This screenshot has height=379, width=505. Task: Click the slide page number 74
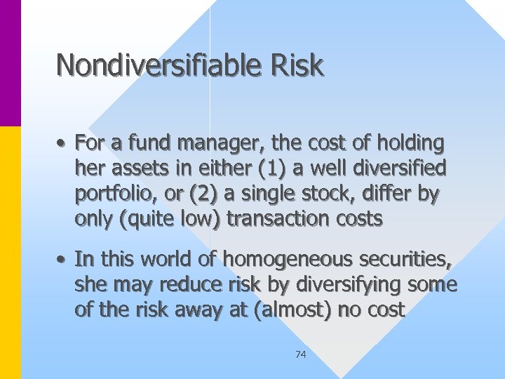point(300,354)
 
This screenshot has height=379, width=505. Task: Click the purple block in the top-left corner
point(11,63)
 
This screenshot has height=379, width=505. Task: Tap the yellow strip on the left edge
point(11,253)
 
